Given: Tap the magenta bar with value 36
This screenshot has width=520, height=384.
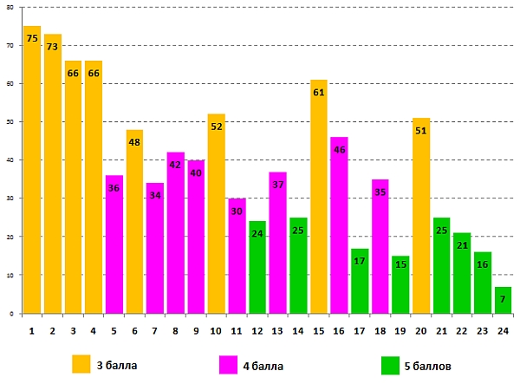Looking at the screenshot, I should click(114, 247).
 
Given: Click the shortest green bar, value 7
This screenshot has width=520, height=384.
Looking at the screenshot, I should click(503, 300).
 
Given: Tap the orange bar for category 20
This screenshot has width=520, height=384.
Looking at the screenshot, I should click(421, 217).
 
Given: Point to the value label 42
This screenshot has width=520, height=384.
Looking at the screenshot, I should click(175, 165).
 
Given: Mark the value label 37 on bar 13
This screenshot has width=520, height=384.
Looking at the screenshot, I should click(277, 185).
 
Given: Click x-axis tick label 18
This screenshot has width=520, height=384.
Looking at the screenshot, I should click(380, 330).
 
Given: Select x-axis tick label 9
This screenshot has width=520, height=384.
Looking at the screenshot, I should click(195, 330).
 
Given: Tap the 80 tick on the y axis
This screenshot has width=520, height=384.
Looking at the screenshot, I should click(10, 8).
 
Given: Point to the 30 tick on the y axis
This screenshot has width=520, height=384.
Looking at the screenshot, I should click(10, 199).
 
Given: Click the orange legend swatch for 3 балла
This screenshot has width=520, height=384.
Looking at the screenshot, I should click(81, 363).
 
